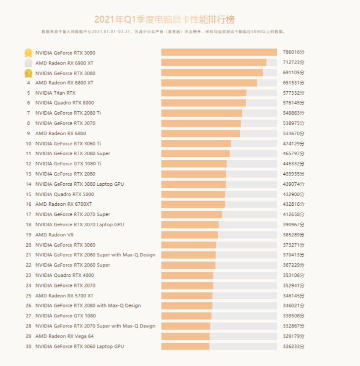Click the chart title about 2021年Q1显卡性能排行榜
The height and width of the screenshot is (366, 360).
click(x=164, y=20)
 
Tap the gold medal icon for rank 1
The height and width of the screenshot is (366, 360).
click(x=28, y=53)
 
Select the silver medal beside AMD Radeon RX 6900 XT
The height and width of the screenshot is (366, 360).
click(x=28, y=63)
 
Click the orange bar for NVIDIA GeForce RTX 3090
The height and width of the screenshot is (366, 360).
click(x=218, y=53)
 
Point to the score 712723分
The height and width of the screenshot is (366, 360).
click(x=293, y=63)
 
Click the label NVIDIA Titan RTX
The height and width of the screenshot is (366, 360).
click(x=55, y=93)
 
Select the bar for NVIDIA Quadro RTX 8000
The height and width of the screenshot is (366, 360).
click(x=203, y=103)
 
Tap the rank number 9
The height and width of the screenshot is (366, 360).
click(x=28, y=134)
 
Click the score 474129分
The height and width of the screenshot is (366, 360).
click(x=293, y=144)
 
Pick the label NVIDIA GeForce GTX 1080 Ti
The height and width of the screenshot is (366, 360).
click(x=68, y=164)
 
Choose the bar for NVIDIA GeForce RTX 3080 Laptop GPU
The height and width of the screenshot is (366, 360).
click(x=193, y=184)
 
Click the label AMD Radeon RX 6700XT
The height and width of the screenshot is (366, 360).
click(x=63, y=204)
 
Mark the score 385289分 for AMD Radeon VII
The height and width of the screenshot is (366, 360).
click(x=293, y=235)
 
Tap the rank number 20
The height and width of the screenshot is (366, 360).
click(x=28, y=245)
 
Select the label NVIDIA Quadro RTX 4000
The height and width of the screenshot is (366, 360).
click(x=64, y=275)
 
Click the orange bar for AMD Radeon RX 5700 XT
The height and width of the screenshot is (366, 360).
click(x=187, y=296)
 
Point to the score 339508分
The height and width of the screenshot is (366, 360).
click(x=293, y=316)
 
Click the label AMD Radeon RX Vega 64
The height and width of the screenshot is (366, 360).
click(x=64, y=336)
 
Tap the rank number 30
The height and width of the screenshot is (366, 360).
click(x=28, y=346)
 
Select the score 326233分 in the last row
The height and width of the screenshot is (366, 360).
click(x=293, y=346)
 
